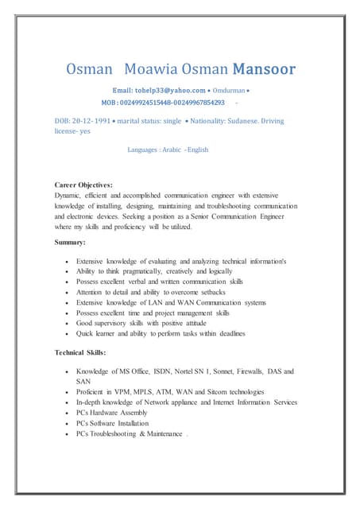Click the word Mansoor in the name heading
(x=264, y=69)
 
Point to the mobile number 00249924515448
(x=146, y=103)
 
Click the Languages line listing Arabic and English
(x=168, y=149)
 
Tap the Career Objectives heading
(x=83, y=185)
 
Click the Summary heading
(x=70, y=241)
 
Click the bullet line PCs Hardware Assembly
(x=115, y=413)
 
